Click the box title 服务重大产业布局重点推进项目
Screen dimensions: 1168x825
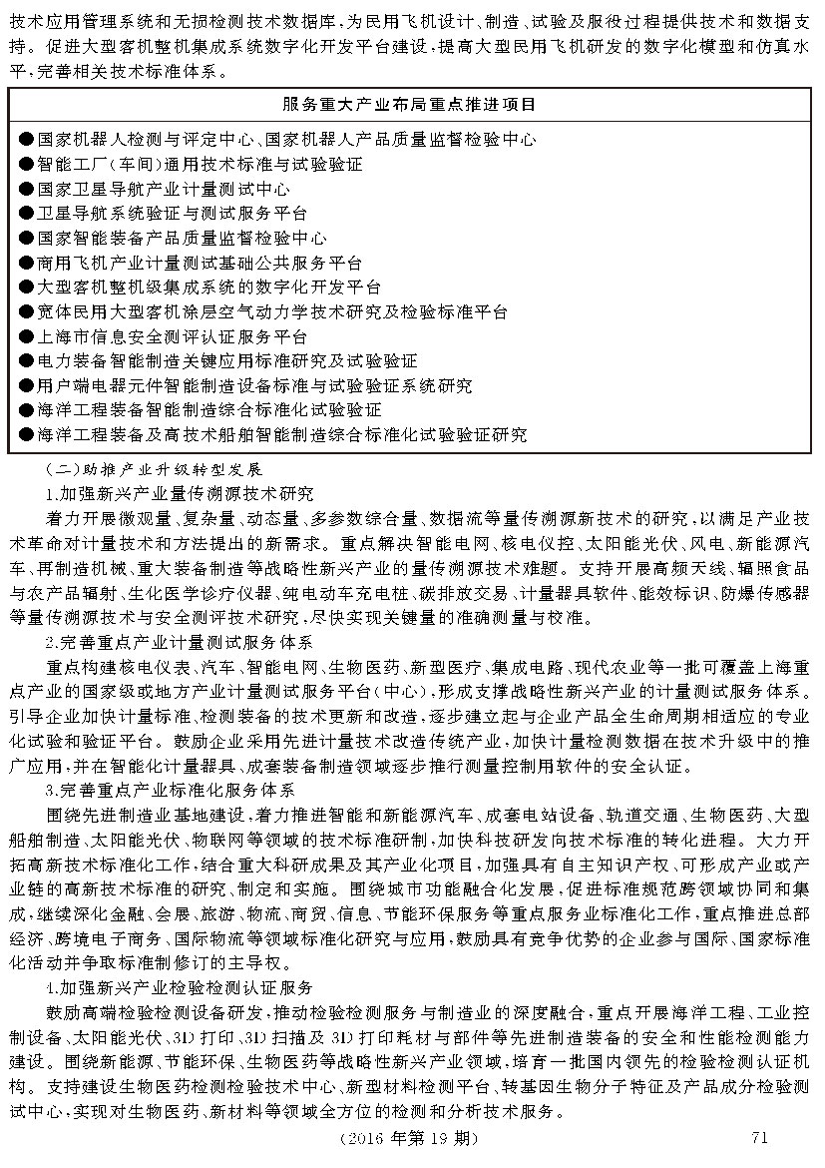point(409,104)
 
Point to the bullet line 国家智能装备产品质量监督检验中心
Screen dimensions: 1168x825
point(181,238)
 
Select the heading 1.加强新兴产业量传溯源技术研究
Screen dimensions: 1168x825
point(180,493)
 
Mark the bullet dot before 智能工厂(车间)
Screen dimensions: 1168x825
point(26,164)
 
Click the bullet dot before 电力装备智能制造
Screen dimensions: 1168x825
point(26,360)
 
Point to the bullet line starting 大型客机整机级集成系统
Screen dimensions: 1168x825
point(208,287)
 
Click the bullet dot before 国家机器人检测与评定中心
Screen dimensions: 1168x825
point(26,139)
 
